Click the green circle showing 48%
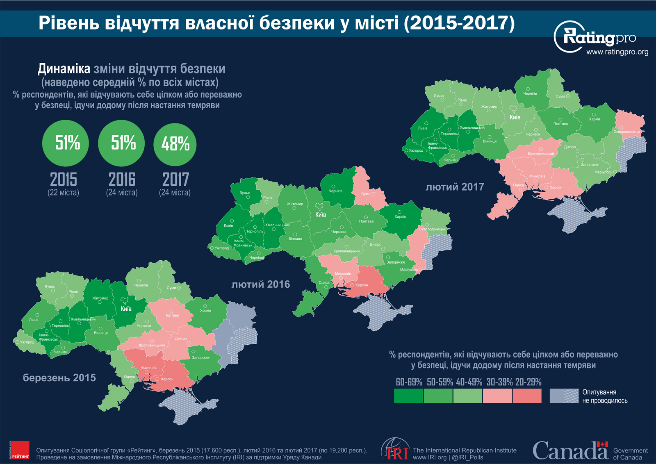[175, 144]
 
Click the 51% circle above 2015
[66, 143]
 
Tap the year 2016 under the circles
[122, 180]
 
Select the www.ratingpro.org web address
[617, 52]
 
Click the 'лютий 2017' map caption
[455, 187]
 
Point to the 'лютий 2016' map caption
[260, 284]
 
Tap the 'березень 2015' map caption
[59, 378]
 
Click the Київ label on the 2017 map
[515, 117]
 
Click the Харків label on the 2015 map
[205, 311]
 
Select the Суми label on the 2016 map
[366, 194]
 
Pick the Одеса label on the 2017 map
[518, 185]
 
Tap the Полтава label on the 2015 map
[171, 315]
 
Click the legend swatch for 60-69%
[408, 396]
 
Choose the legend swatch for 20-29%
[527, 396]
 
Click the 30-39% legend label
[499, 382]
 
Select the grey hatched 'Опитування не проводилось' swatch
[564, 396]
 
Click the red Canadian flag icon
[602, 445]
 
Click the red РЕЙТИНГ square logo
[20, 450]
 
